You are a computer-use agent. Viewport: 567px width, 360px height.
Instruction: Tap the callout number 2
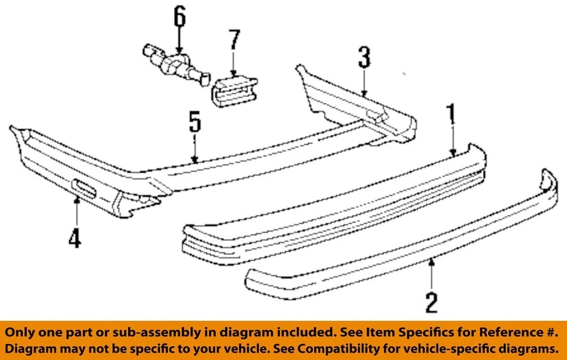click(432, 302)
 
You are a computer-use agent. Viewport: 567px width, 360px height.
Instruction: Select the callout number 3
click(364, 59)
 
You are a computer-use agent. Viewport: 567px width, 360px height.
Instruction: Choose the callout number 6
click(178, 17)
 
